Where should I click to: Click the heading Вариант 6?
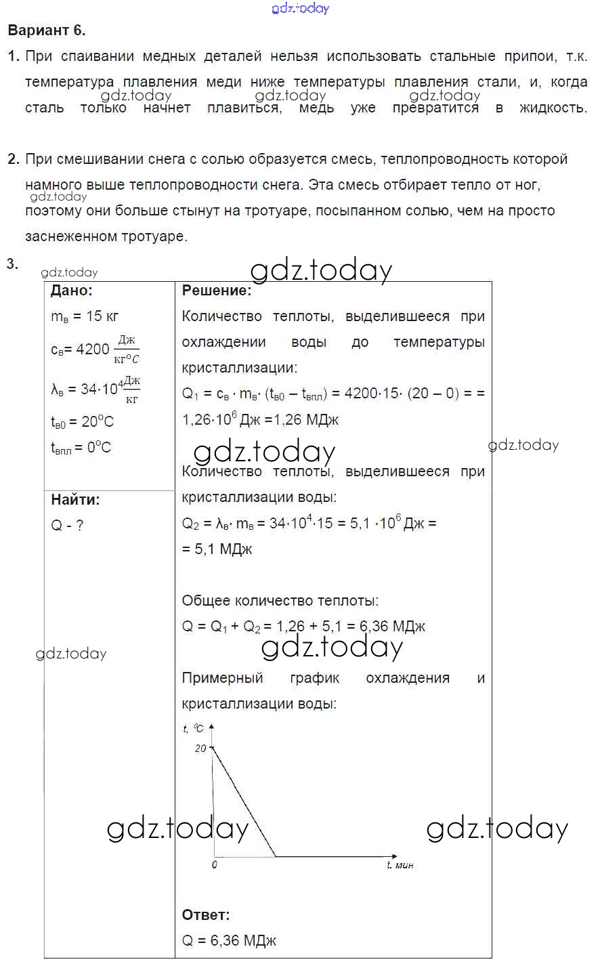[x=46, y=30]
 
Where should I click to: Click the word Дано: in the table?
[x=72, y=291]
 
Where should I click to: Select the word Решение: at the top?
[x=216, y=291]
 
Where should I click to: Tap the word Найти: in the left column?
[x=75, y=500]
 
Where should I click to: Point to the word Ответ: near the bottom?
[x=206, y=914]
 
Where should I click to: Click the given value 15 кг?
[x=102, y=316]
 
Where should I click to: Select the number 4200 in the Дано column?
[x=93, y=349]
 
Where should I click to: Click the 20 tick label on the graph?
[x=200, y=749]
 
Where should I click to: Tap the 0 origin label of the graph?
[x=215, y=865]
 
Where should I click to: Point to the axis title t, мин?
[x=400, y=865]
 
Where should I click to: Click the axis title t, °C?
[x=193, y=729]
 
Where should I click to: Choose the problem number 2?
[x=13, y=159]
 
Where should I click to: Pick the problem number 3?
[x=12, y=264]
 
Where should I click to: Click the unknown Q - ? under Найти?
[x=67, y=526]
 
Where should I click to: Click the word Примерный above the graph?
[x=222, y=678]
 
